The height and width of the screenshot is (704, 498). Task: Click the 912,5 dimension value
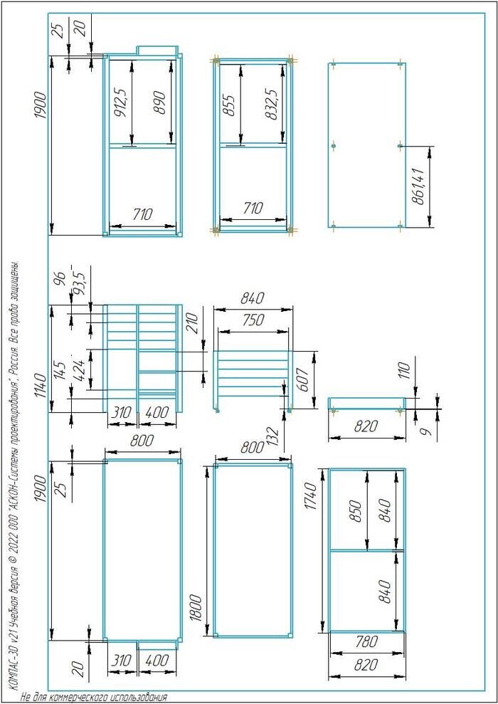[x=121, y=104]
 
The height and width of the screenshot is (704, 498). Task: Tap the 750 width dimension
[x=253, y=320]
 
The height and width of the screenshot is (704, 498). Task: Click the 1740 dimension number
[x=312, y=495]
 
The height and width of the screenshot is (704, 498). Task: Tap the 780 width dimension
[x=367, y=643]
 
